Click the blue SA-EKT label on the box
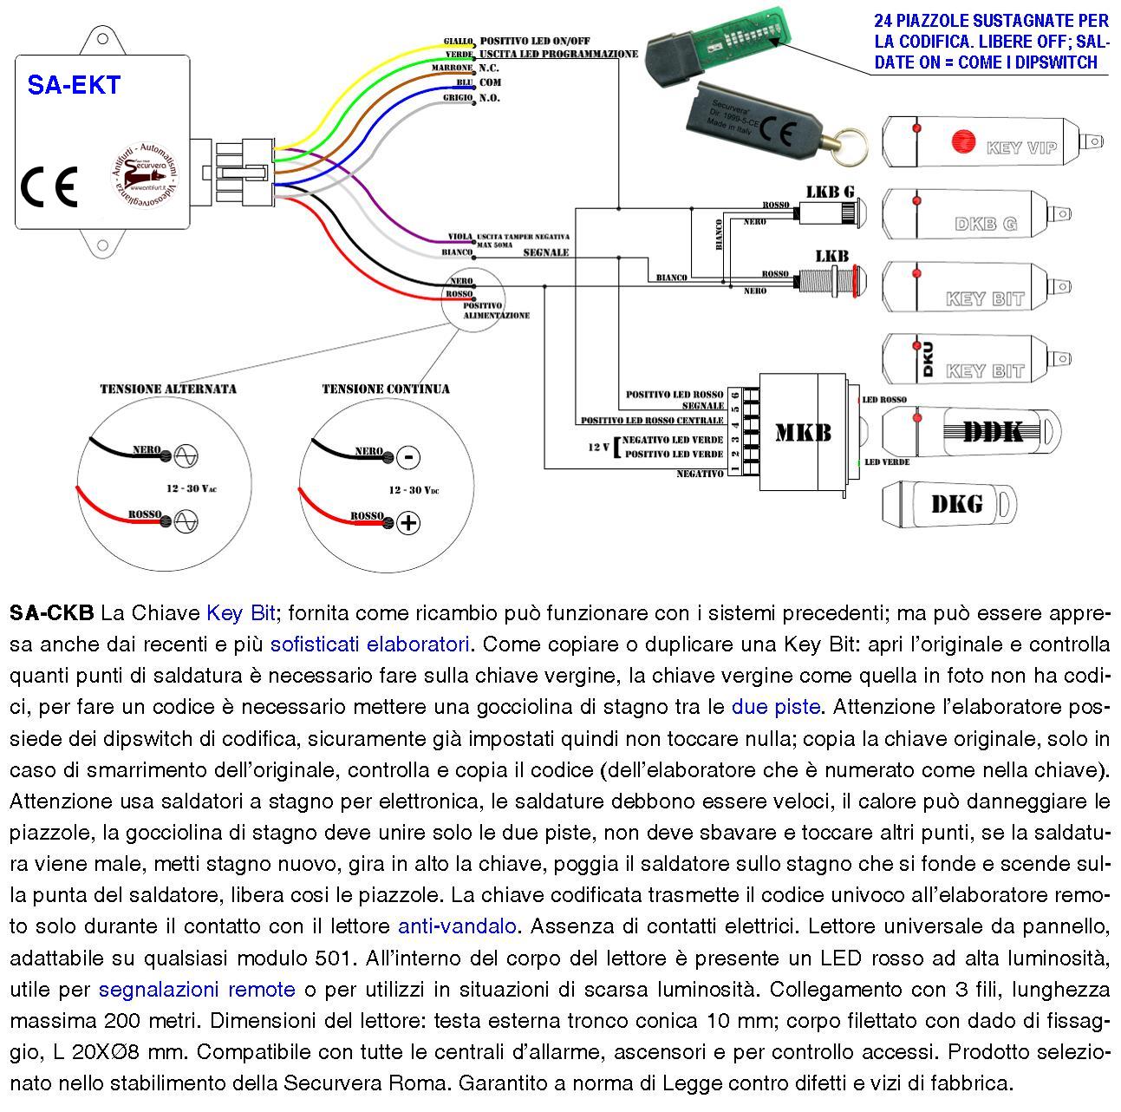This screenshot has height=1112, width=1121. tap(74, 85)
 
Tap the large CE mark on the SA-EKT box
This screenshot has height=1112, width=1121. tap(49, 186)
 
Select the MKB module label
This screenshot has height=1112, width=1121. tap(803, 432)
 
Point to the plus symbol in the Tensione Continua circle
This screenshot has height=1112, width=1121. tap(408, 522)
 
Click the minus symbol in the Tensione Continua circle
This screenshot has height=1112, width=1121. tap(408, 457)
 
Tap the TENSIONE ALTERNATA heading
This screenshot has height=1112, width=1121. tap(168, 389)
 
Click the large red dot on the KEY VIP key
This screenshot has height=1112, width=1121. tap(962, 141)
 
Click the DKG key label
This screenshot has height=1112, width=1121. tap(956, 503)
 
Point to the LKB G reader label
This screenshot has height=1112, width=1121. tap(830, 191)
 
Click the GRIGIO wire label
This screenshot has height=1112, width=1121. tap(457, 97)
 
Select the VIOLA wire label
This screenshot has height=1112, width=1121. tap(460, 237)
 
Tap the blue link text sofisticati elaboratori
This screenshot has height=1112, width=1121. tap(370, 644)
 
